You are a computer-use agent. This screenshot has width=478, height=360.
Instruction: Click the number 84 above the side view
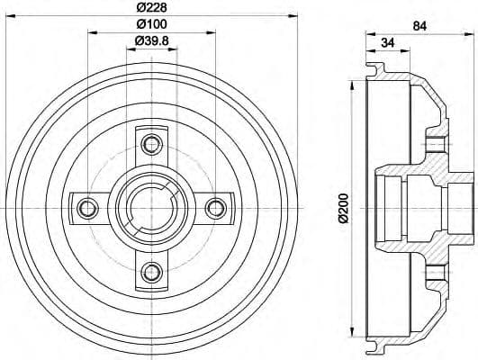(419, 25)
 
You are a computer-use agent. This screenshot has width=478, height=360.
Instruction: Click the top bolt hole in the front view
(151, 142)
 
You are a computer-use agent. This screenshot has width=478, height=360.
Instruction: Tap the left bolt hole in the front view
(88, 207)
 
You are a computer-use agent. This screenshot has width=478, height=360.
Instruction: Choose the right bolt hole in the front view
(214, 207)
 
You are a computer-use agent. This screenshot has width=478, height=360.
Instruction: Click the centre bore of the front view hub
(151, 207)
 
